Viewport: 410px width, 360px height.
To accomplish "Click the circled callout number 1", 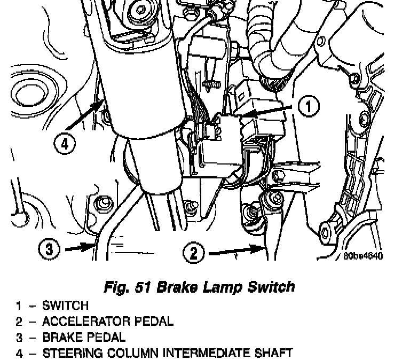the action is coord(305,107).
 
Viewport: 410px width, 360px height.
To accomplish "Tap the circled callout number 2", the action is coord(194,251).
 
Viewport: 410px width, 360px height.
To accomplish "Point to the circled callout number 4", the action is coord(64,143).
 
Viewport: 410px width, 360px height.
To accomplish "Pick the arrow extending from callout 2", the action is coord(235,249).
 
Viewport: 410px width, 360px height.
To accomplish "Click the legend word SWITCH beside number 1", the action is coord(66,306).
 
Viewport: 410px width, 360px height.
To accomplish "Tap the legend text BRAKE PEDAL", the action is coord(84,337).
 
